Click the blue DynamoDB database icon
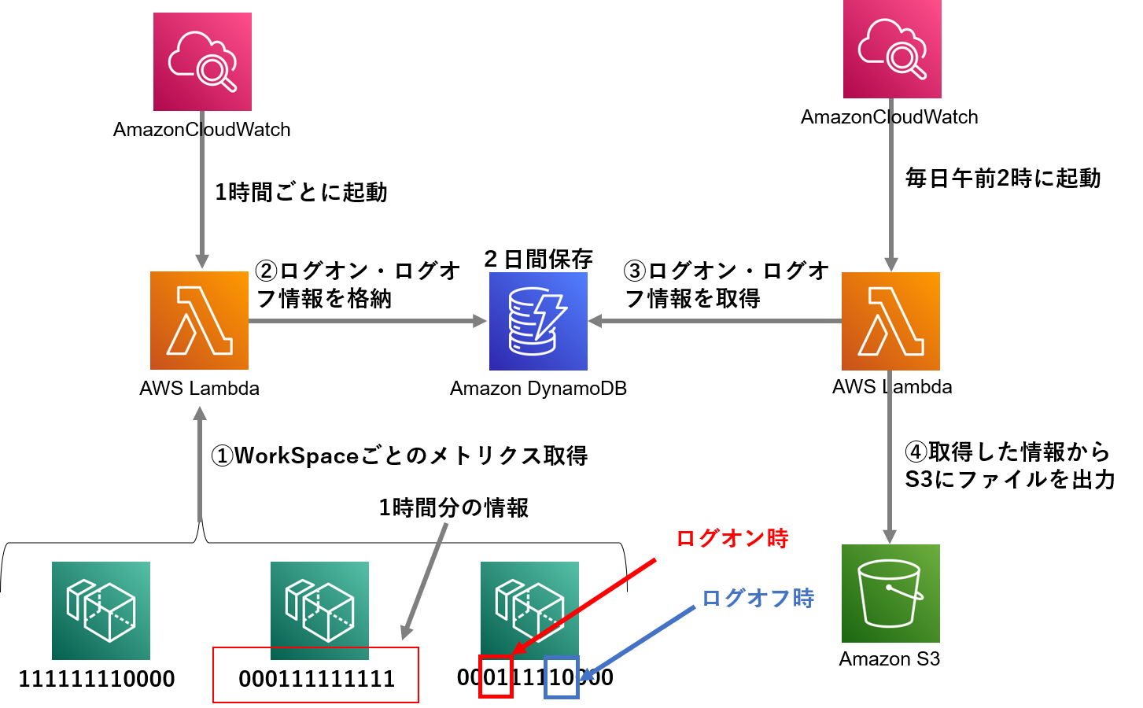(x=538, y=321)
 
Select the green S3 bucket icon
(x=890, y=593)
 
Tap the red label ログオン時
(x=732, y=539)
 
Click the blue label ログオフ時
(x=758, y=599)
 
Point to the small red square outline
(x=496, y=677)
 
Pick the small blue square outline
(x=562, y=677)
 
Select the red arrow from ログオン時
(x=585, y=606)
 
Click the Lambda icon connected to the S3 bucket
(x=890, y=321)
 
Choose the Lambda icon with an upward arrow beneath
(x=199, y=320)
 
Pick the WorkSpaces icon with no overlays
(x=101, y=610)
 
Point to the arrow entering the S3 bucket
(x=890, y=456)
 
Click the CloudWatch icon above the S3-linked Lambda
(x=892, y=50)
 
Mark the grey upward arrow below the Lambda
(x=200, y=464)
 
